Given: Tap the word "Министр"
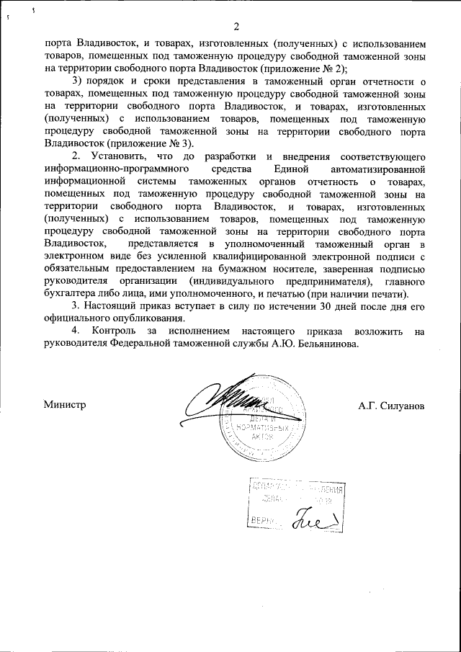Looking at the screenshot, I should (x=65, y=405).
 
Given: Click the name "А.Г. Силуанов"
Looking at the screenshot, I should (x=391, y=406).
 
